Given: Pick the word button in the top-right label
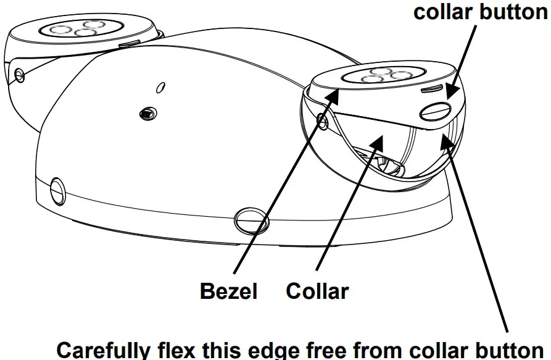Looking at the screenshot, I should [511, 12].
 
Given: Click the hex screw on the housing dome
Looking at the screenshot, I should [147, 112].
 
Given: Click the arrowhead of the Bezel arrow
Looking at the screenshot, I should [336, 93].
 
